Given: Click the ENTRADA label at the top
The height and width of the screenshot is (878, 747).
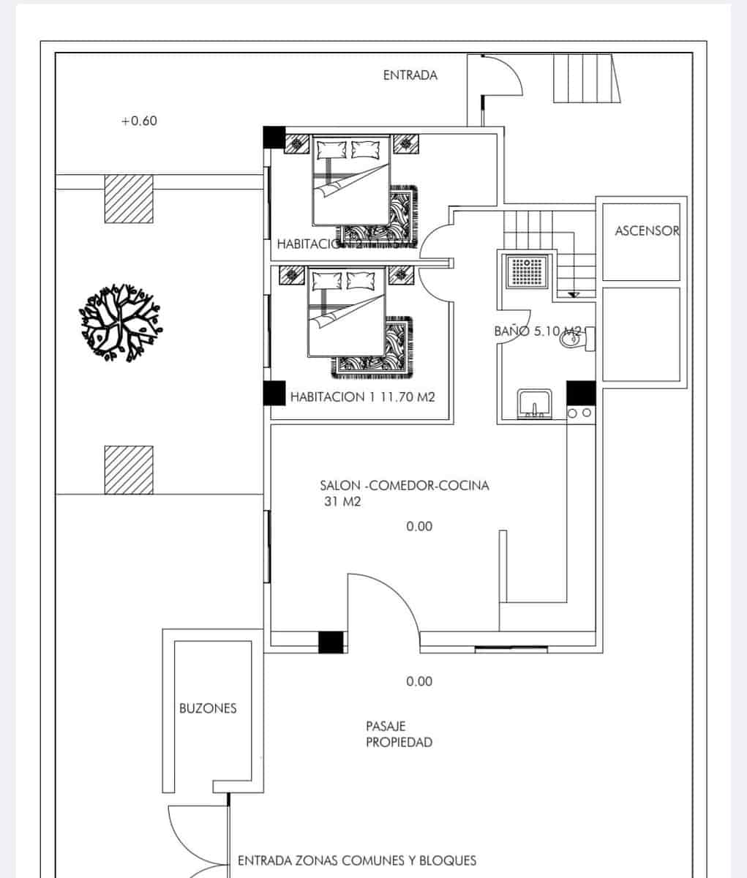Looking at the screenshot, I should tap(410, 75).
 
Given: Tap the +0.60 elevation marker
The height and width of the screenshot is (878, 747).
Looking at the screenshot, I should tap(138, 121).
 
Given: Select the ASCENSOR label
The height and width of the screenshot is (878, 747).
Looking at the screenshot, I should tap(647, 230).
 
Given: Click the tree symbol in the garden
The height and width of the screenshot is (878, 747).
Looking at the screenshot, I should tap(119, 323).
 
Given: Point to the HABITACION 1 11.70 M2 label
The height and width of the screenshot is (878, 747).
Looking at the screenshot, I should tap(362, 397).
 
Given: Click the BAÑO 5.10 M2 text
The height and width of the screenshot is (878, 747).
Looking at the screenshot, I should tap(538, 331).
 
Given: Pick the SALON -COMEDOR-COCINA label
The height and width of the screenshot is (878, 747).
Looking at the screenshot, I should tap(404, 485).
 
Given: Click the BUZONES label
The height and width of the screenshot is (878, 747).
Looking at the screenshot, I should tap(208, 708).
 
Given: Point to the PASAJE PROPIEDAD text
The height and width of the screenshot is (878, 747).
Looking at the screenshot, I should tap(399, 735).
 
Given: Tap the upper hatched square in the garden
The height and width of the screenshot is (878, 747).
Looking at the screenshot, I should tap(129, 198).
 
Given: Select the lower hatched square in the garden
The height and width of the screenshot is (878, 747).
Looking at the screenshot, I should tap(129, 470).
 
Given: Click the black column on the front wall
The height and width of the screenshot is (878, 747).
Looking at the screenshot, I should tap(331, 642).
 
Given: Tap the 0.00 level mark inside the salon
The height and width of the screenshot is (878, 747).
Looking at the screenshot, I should tap(419, 526).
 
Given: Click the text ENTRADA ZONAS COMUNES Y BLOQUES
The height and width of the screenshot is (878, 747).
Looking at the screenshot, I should tap(357, 860).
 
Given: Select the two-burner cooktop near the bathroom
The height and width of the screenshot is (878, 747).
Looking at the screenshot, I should tap(579, 414).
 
